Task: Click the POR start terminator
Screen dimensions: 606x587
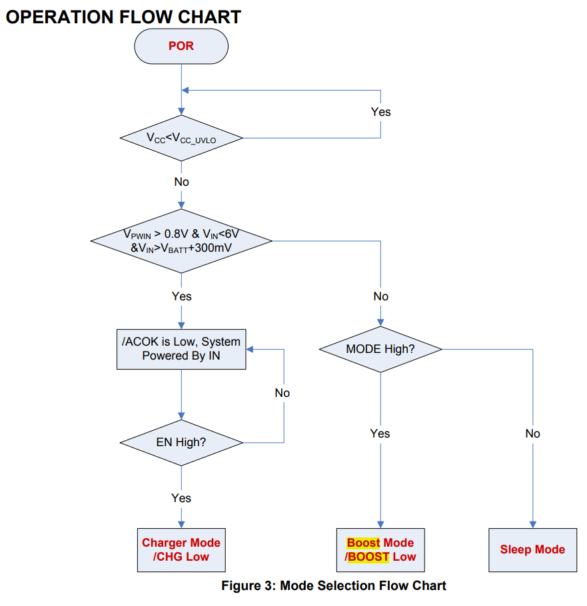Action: pos(181,47)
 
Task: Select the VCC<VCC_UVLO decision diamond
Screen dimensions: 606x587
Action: pos(181,138)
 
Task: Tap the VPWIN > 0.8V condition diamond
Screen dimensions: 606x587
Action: pos(181,240)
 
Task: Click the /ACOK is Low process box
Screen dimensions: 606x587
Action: pos(181,349)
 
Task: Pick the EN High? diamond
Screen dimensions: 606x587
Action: pos(181,442)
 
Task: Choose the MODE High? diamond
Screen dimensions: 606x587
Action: pos(380,349)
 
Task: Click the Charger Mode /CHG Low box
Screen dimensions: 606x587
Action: pos(181,549)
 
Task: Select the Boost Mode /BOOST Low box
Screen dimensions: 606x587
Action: pos(380,549)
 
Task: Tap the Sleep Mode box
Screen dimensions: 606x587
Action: pos(532,549)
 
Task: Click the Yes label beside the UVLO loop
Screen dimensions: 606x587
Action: pos(381,111)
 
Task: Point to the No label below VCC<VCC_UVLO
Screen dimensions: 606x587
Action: pos(181,182)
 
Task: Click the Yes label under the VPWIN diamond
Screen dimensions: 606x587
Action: pos(181,296)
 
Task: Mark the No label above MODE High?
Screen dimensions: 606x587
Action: pos(380,296)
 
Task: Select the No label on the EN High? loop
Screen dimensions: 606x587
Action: pos(283,393)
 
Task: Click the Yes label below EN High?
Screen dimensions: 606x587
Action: pos(181,498)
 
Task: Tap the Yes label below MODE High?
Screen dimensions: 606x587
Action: pos(380,434)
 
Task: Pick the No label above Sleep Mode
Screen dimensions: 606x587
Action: pos(532,434)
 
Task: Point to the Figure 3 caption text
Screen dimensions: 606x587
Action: pos(334,587)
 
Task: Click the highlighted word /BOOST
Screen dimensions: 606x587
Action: pos(367,557)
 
